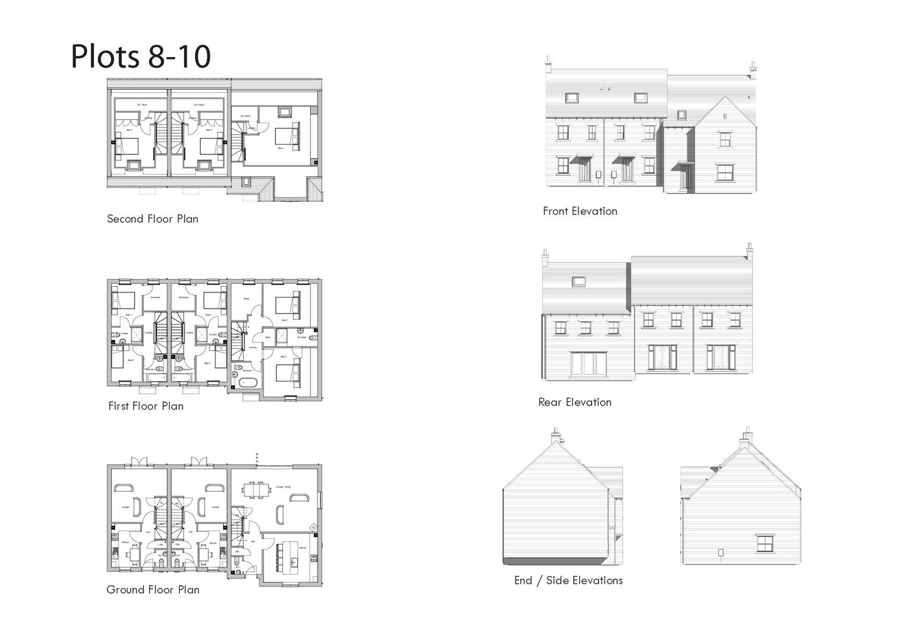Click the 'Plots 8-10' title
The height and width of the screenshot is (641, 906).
[x=141, y=56]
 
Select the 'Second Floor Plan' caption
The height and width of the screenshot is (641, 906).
[x=152, y=218]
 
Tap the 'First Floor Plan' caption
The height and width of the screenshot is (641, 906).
[x=146, y=406]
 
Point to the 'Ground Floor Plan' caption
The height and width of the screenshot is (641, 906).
[x=153, y=589]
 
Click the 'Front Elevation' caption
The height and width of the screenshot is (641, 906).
[x=580, y=211]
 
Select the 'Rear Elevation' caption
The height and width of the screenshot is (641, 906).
[x=574, y=402]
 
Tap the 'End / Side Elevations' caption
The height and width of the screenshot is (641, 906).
[x=568, y=580]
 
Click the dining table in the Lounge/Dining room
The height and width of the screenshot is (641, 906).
[x=257, y=490]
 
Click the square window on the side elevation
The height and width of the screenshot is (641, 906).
[x=765, y=543]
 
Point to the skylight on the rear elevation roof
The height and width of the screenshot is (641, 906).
[x=579, y=281]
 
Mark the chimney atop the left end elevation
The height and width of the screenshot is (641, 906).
[x=556, y=436]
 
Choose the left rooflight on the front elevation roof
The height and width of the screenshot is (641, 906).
[x=571, y=97]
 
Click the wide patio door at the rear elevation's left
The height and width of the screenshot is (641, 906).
[x=589, y=363]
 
